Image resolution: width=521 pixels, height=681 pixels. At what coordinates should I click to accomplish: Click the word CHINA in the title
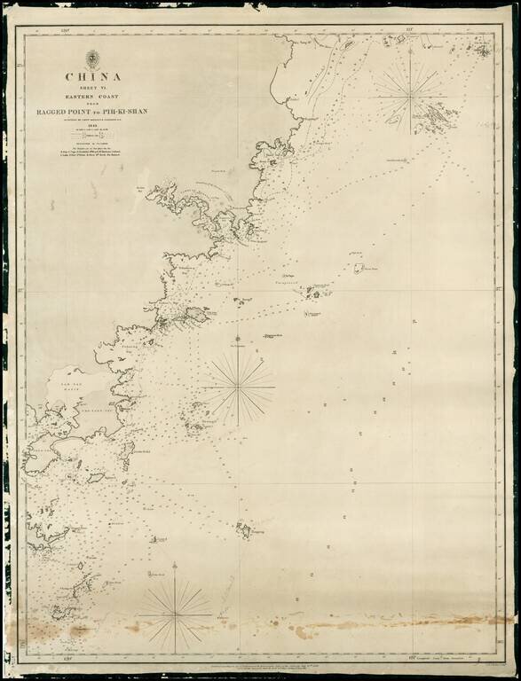point(91,76)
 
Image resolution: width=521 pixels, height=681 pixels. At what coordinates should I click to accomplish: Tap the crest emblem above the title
point(91,59)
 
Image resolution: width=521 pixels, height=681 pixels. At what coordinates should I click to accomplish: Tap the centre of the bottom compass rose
point(174,613)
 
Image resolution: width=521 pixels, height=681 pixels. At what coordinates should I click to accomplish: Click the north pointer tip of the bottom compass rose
point(174,564)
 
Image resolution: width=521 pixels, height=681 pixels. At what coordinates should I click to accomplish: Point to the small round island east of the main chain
point(358,267)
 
